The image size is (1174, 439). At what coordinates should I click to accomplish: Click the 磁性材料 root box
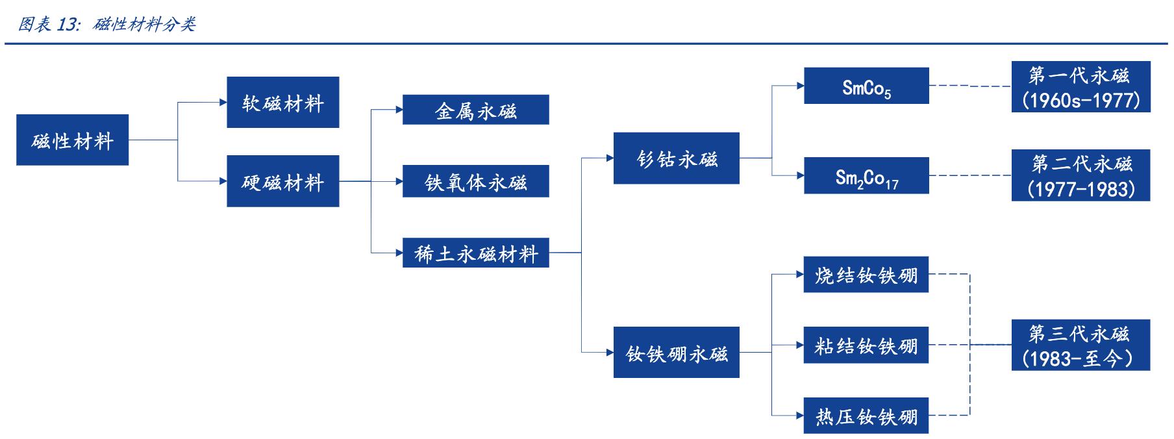(72, 140)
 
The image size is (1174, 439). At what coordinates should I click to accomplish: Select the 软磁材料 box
(282, 103)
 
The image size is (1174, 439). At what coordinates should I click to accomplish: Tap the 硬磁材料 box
(282, 181)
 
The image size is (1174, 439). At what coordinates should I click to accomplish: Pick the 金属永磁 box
(475, 110)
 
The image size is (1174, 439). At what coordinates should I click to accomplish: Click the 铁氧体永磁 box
(475, 181)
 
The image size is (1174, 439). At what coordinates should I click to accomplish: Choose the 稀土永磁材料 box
(475, 253)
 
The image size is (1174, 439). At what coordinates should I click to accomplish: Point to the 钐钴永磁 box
(676, 158)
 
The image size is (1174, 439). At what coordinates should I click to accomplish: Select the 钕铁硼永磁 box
(676, 353)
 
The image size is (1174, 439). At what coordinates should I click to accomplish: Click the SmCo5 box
(866, 86)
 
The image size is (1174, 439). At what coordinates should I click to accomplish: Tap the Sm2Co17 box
(866, 175)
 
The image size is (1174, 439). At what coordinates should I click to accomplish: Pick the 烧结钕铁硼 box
(866, 275)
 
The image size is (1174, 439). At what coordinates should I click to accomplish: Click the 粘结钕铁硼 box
(866, 345)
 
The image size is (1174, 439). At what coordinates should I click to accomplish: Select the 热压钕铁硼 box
(866, 415)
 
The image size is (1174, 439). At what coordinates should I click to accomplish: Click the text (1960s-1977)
(1080, 100)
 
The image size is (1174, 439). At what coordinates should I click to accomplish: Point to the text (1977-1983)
(1080, 188)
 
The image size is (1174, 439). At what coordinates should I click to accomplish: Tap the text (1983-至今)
(1080, 358)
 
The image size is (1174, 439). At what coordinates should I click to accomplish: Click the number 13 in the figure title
(68, 25)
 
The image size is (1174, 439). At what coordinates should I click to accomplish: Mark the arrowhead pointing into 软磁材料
(223, 103)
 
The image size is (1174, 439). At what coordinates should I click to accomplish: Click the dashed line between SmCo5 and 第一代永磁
(969, 86)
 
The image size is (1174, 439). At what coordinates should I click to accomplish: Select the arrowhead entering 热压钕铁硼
(800, 415)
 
